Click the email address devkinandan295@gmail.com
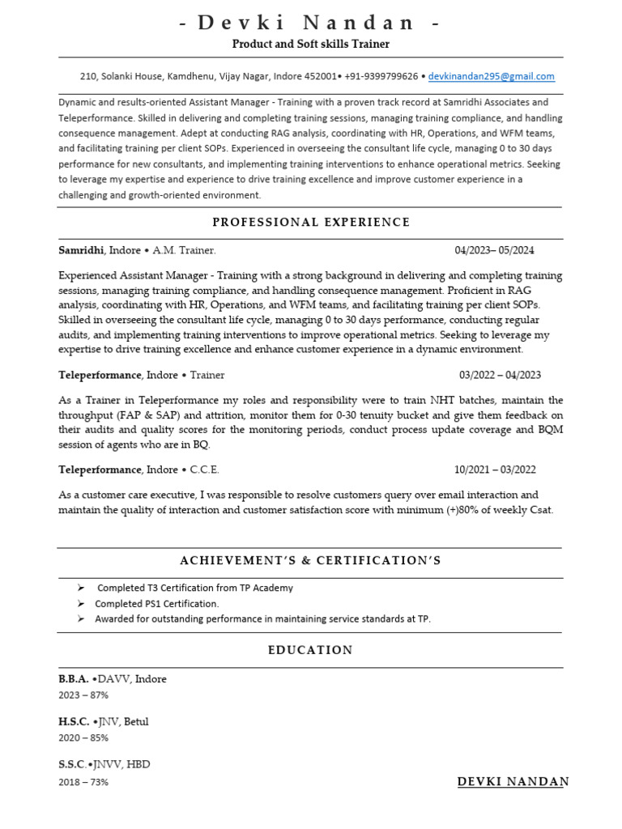click(492, 76)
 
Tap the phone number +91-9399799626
click(381, 76)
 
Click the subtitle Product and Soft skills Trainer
click(311, 44)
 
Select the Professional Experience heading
click(311, 222)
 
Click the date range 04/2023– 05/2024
click(494, 250)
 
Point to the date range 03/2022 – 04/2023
click(500, 375)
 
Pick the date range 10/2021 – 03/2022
click(495, 470)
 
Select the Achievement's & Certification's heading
click(311, 560)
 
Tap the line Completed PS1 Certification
click(157, 604)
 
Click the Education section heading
click(311, 650)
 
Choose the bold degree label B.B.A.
click(74, 679)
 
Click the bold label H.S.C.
click(74, 721)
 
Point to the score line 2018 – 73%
click(83, 782)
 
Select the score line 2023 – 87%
click(83, 695)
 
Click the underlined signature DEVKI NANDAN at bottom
click(513, 781)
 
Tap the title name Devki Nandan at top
click(311, 23)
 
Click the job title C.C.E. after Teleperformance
click(204, 470)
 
